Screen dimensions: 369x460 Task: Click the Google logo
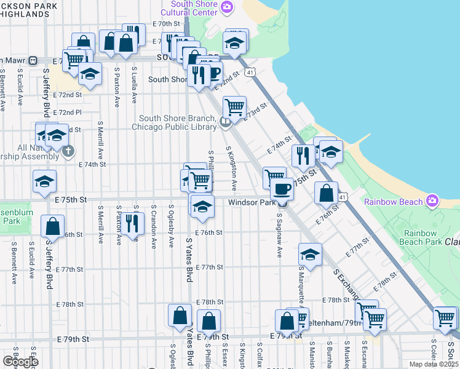click(20, 362)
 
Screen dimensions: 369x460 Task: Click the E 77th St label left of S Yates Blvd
click(69, 270)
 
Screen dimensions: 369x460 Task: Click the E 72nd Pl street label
click(67, 113)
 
